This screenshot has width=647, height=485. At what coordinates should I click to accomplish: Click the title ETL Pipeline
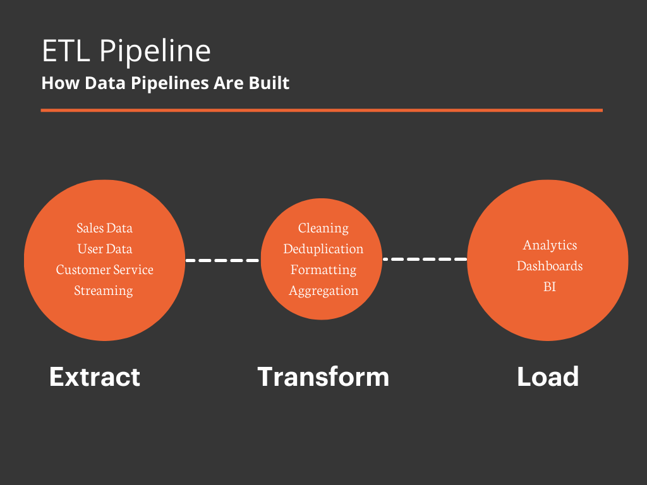pos(126,51)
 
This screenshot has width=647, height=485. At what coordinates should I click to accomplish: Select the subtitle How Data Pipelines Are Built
pos(166,83)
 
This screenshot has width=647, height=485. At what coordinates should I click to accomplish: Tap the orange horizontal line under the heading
pos(322,110)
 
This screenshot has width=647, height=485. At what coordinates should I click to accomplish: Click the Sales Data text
pos(105,227)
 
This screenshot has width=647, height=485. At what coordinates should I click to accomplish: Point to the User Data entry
pos(105,248)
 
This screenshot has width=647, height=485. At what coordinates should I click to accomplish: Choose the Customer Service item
pos(105,270)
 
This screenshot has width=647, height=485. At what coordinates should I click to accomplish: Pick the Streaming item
pos(104,290)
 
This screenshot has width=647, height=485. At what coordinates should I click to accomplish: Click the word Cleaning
pos(323,227)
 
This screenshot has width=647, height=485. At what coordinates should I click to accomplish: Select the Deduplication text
pos(323,249)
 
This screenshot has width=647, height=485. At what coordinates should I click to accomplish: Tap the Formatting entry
pos(323,270)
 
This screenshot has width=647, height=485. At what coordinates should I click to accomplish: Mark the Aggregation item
pos(323,290)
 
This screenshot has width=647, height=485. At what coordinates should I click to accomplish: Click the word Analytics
pos(550,244)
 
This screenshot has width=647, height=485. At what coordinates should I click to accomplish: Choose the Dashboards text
pos(550,266)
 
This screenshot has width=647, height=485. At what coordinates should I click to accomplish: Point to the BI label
pos(550,287)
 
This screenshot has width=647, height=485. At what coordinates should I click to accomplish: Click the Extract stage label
pos(95,377)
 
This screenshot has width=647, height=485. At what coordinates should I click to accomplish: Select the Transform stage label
pos(323,377)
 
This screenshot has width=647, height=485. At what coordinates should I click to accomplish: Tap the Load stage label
pos(548,377)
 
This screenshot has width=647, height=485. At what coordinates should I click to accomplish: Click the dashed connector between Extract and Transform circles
pos(222,260)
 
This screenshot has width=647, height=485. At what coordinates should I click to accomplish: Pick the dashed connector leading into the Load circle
pos(425,259)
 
